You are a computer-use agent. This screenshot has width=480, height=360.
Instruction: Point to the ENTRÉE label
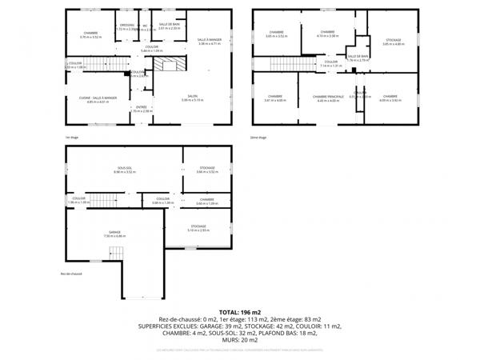pos(141,109)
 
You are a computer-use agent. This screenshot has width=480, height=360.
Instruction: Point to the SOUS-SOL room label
pos(122,170)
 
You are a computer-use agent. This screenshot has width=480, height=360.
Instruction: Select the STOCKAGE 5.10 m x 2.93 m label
pos(198,228)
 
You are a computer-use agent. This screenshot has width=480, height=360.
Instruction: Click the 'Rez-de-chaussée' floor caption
pos(71,274)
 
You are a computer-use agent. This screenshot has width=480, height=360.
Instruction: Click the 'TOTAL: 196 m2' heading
pos(240,310)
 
